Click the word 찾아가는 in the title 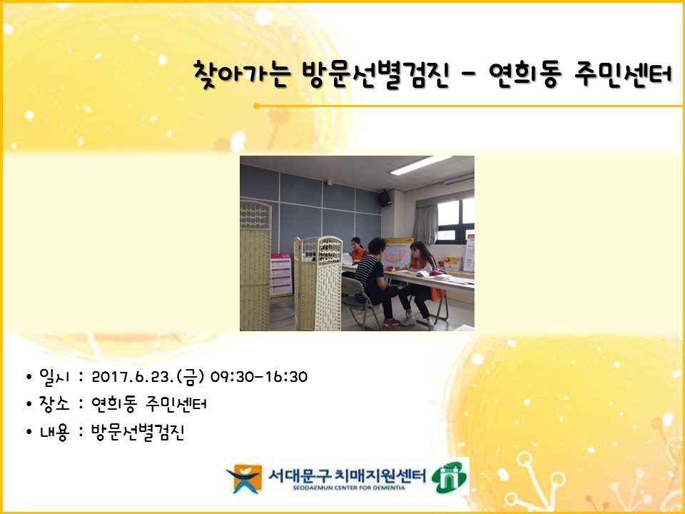pos(242,75)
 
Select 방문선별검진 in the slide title pos(376,75)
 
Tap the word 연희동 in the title pos(525,75)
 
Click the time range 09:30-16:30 pos(259,377)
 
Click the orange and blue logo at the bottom pos(244,478)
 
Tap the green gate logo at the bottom pos(449,478)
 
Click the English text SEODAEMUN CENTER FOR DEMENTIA pos(349,488)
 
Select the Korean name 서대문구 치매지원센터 pos(347,475)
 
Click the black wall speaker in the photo pos(385,198)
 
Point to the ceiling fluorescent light pos(420,165)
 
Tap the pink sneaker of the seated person pos(391,323)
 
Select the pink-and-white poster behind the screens pos(281,275)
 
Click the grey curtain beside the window pos(425,223)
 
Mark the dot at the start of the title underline pos(256,106)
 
